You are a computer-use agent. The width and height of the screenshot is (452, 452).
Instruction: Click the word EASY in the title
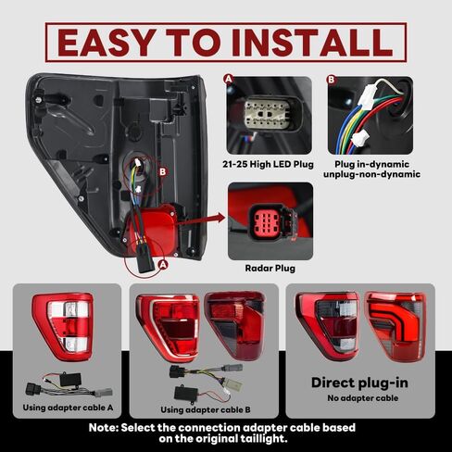pyautogui.click(x=107, y=43)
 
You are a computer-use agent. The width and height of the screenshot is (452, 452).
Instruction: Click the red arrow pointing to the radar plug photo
pyautogui.click(x=201, y=220)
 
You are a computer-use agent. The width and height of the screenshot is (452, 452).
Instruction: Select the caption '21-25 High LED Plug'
pyautogui.click(x=268, y=164)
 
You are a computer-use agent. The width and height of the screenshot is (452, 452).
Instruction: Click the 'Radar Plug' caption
pyautogui.click(x=270, y=268)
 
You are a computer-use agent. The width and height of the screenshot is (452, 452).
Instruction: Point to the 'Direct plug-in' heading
pyautogui.click(x=359, y=383)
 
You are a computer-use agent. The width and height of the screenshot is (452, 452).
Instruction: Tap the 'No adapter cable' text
pyautogui.click(x=363, y=398)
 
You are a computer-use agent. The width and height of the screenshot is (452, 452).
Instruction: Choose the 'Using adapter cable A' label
pyautogui.click(x=68, y=408)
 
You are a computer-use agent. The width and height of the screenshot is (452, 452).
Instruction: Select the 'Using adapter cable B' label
pyautogui.click(x=206, y=409)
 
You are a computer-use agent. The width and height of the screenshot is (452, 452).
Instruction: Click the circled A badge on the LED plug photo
pyautogui.click(x=229, y=79)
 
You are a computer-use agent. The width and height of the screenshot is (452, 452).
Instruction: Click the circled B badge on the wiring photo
pyautogui.click(x=332, y=80)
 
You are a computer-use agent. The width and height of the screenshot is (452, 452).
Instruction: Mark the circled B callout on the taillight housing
pyautogui.click(x=163, y=172)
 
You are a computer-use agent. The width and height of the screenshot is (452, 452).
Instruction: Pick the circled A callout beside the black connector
pyautogui.click(x=163, y=265)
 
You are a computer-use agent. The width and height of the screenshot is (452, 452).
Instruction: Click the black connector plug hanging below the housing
pyautogui.click(x=145, y=263)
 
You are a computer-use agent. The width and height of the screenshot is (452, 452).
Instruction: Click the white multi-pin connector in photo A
pyautogui.click(x=267, y=115)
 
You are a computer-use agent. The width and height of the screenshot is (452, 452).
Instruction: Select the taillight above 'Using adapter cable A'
pyautogui.click(x=63, y=326)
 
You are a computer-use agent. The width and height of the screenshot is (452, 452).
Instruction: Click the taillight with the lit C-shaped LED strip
pyautogui.click(x=395, y=326)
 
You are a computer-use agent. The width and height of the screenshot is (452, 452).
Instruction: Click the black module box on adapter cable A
pyautogui.click(x=70, y=379)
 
